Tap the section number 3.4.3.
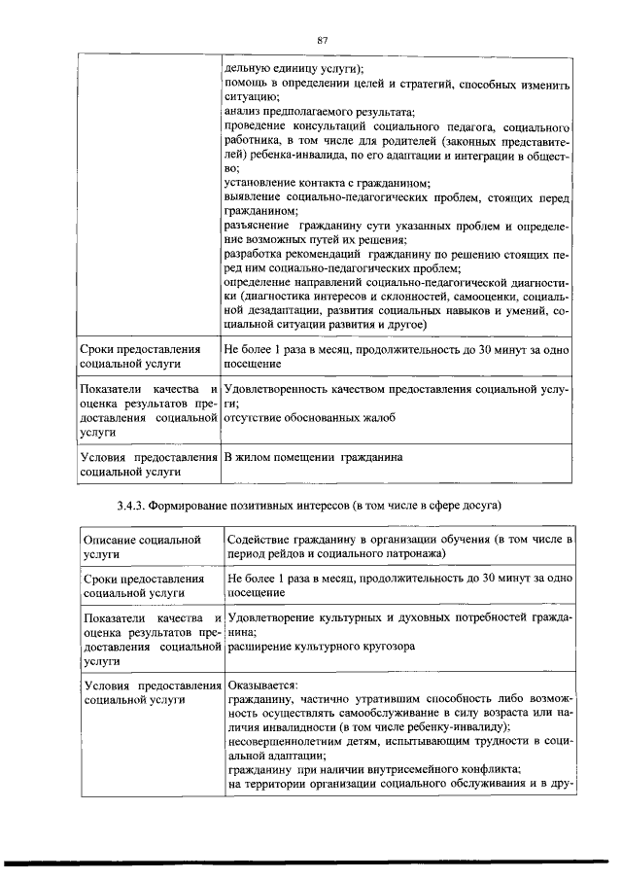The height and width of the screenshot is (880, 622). tap(122, 506)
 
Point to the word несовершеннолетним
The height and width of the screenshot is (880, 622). tap(288, 741)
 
